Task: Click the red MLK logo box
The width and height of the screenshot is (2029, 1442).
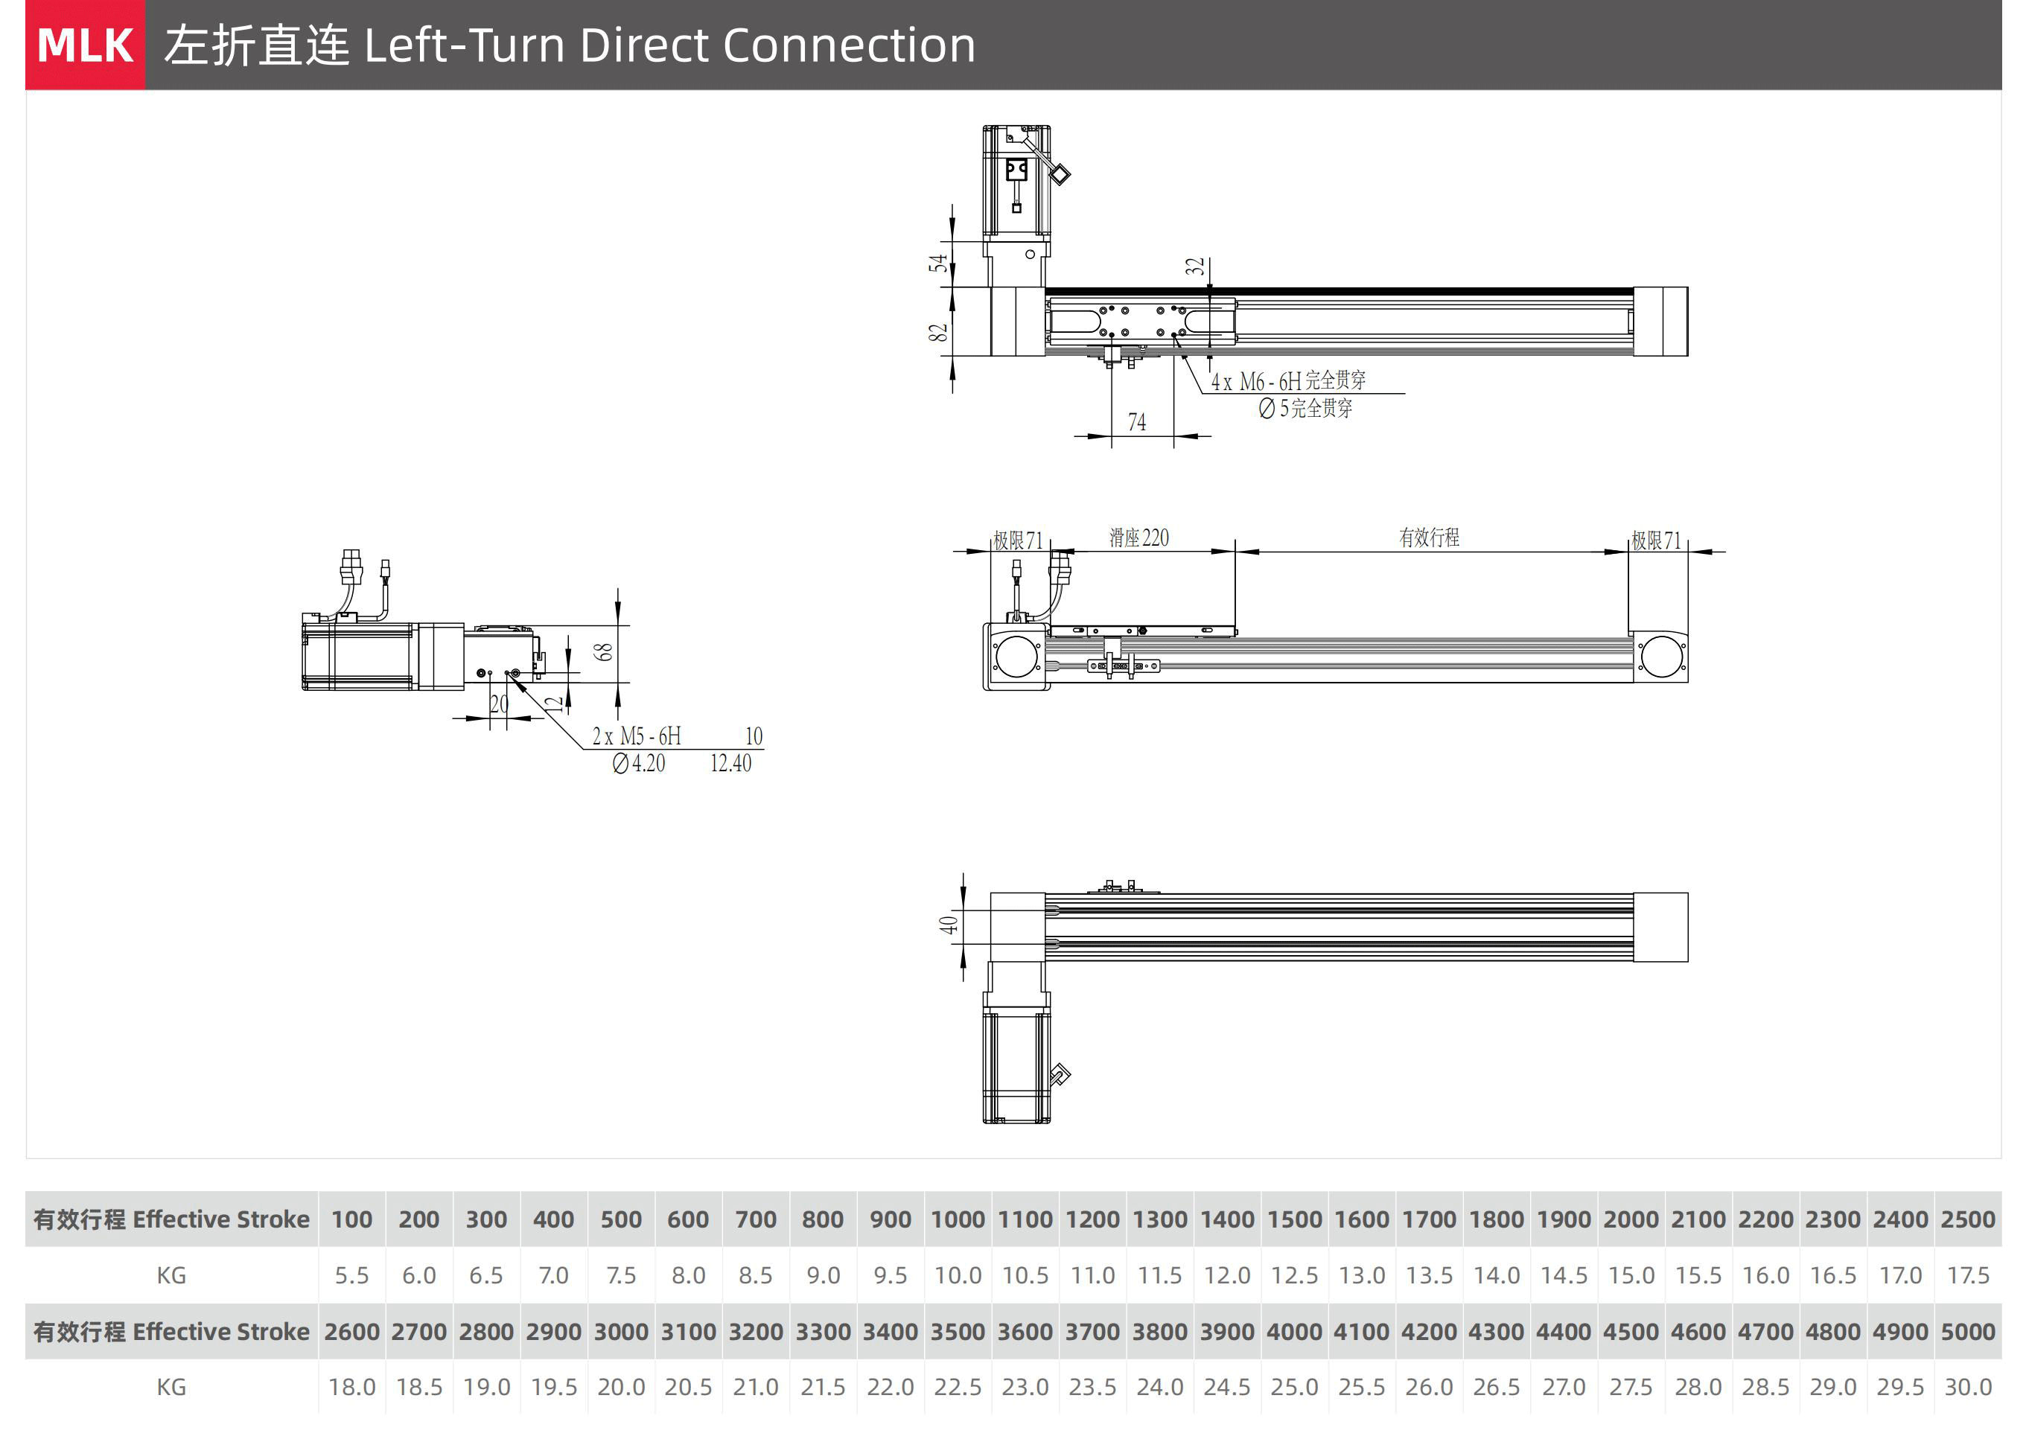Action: click(x=85, y=45)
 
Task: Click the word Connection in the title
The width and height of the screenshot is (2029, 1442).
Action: click(x=849, y=45)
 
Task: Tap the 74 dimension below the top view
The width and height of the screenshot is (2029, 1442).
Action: click(x=1136, y=423)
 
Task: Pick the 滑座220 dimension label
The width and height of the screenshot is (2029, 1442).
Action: click(x=1139, y=537)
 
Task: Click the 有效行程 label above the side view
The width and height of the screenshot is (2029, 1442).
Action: click(x=1429, y=537)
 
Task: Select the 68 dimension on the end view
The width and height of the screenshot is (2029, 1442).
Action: click(x=604, y=653)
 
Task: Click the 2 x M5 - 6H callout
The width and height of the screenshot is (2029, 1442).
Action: click(x=637, y=736)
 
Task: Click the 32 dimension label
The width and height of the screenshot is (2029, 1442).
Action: click(x=1195, y=267)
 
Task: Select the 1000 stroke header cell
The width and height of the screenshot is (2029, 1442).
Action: click(x=958, y=1219)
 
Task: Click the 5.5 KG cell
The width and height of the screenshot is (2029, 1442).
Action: click(x=351, y=1275)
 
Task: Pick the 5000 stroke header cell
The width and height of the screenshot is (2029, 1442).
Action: click(x=1968, y=1332)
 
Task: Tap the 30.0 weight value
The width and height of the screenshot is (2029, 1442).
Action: click(x=1968, y=1387)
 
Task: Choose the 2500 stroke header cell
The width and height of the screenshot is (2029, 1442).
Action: click(x=1968, y=1219)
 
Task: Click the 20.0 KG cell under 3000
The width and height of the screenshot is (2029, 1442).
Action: click(x=621, y=1387)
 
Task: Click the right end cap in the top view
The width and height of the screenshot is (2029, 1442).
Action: click(x=1660, y=322)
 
